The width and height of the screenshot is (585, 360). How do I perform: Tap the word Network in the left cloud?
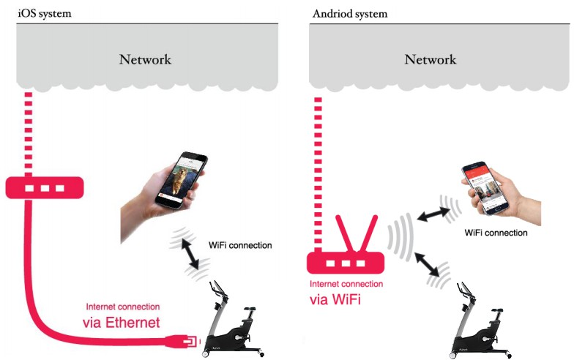145,59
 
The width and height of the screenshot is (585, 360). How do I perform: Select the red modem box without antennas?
44,188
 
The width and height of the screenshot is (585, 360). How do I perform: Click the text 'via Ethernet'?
124,322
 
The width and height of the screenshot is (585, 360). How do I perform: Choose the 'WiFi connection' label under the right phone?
496,233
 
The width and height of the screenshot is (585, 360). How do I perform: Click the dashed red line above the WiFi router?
319,161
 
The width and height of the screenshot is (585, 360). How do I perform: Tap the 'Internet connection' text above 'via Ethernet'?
123,307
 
